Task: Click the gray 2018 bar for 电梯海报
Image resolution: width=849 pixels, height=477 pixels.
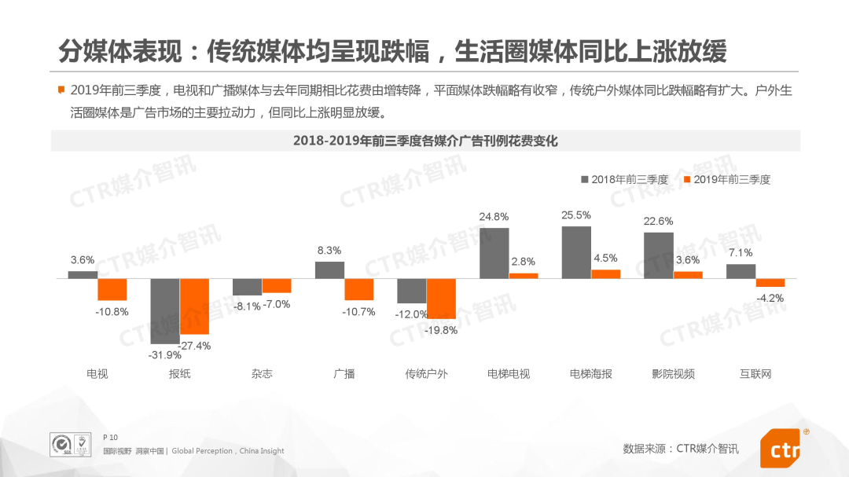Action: coord(576,252)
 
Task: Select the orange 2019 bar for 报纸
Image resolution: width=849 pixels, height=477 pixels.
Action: coord(194,306)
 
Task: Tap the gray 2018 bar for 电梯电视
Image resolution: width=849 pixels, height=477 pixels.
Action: coord(494,253)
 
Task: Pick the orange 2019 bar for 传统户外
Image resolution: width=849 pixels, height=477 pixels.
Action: coord(441,299)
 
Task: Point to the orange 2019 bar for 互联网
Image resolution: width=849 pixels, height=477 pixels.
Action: coord(770,283)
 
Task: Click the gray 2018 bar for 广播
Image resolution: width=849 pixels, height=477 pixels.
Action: coord(329,270)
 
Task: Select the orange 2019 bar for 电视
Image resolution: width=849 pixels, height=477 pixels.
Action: coord(112,289)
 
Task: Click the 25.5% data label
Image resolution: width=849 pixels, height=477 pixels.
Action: coord(576,215)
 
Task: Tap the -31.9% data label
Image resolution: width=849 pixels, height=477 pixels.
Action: coord(164,354)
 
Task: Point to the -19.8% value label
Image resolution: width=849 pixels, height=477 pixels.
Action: coord(441,330)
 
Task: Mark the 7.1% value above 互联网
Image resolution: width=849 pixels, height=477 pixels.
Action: coord(741,253)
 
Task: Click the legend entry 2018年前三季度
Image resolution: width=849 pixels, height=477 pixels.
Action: coord(624,180)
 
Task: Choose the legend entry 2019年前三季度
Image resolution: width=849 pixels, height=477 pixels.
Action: coord(727,180)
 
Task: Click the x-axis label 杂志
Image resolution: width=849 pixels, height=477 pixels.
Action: coord(262,374)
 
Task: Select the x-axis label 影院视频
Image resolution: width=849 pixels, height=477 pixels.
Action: coord(674,374)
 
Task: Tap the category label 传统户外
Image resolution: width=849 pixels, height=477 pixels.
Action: coord(426,374)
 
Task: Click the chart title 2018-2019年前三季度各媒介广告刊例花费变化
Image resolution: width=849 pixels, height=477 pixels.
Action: coord(425,141)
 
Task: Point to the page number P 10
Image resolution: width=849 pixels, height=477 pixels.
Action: coord(110,437)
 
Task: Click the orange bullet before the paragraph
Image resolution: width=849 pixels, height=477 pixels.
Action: coord(61,90)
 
